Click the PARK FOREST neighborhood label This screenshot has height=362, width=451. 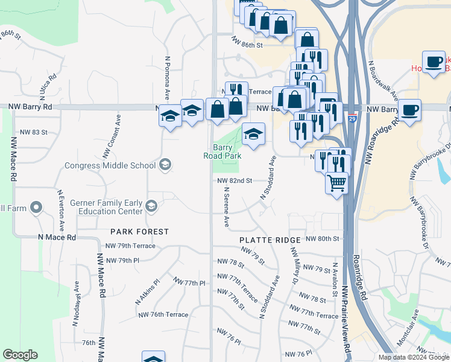(x=139, y=232)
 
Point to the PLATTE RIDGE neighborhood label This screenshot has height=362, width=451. (x=266, y=240)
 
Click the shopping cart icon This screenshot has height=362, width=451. (x=337, y=182)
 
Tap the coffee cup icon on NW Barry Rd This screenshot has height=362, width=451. (x=409, y=110)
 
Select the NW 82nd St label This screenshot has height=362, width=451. (x=234, y=180)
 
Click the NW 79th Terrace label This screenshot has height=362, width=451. (x=130, y=246)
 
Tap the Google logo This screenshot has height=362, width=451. (x=20, y=354)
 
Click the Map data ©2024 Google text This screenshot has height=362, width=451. (x=413, y=357)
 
